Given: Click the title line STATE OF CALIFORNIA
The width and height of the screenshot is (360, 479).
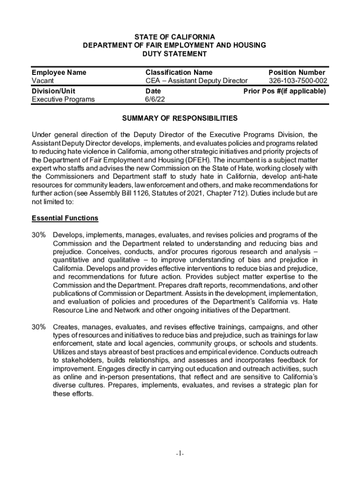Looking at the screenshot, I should (174, 37).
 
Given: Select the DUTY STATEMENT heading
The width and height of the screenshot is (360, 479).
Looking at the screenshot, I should (174, 54).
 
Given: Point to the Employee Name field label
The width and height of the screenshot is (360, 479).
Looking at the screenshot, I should (59, 73).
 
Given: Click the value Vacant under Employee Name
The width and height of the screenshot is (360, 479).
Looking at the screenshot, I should (43, 81).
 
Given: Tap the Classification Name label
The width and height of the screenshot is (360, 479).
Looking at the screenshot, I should (179, 73).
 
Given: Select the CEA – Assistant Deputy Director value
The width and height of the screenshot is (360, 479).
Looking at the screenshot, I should (196, 81).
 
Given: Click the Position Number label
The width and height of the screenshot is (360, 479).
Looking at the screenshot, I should (297, 73).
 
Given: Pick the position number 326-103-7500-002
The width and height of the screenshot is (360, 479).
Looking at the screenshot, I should (295, 81).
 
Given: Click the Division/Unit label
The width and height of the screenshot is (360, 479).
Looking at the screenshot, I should (53, 91).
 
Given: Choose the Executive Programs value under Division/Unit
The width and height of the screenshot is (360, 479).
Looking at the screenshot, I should (63, 99).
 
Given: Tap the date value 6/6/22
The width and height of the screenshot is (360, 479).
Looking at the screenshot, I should (155, 99).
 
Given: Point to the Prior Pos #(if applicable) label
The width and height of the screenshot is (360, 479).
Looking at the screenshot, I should (285, 91).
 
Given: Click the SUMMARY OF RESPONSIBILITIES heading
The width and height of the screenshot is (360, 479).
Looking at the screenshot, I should (180, 118).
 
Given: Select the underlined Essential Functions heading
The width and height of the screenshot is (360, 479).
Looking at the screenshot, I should (65, 218).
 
